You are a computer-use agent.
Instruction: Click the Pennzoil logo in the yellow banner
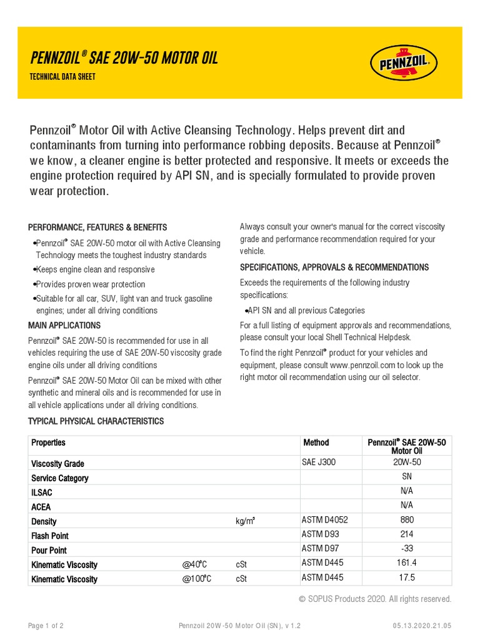[x=404, y=63]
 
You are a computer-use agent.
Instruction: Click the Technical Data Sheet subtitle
[x=62, y=77]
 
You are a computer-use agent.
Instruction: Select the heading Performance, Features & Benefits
[x=97, y=227]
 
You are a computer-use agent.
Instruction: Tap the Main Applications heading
[x=64, y=326]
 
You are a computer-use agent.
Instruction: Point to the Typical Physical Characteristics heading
[x=96, y=421]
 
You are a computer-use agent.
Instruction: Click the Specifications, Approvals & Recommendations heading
[x=334, y=267]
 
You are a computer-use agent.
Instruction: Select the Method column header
[x=316, y=442]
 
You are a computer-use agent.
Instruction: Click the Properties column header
[x=49, y=442]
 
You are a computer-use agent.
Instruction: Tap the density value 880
[x=407, y=519]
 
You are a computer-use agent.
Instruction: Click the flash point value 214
[x=407, y=534]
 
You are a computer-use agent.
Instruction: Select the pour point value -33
[x=407, y=548]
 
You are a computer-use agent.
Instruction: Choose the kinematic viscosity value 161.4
[x=407, y=562]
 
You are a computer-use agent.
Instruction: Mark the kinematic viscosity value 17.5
[x=407, y=577]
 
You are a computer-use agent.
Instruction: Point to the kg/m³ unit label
[x=245, y=521]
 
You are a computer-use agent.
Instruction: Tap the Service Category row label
[x=60, y=478]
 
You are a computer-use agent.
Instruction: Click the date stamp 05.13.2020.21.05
[x=422, y=626]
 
